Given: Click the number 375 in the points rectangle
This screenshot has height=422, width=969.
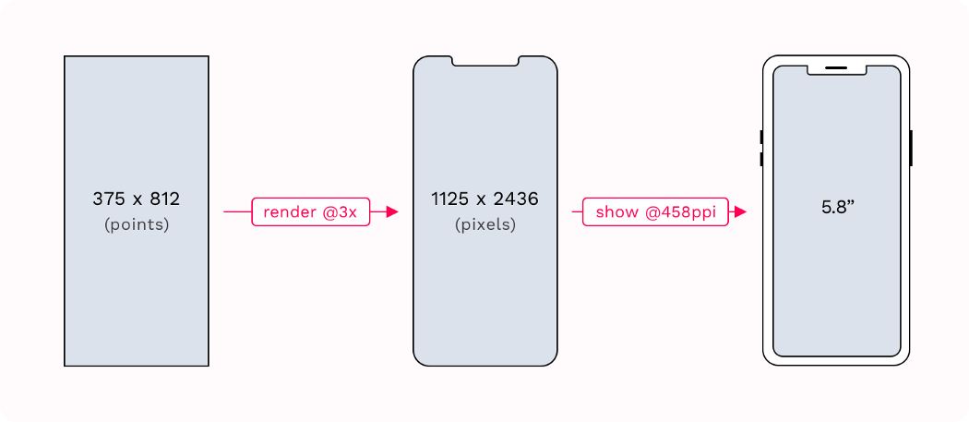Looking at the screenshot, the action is point(108,199).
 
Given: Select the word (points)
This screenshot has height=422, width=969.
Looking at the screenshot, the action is point(137,224).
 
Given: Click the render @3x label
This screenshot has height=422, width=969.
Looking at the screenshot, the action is point(310,212).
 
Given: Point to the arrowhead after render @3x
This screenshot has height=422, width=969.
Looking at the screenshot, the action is point(392,212).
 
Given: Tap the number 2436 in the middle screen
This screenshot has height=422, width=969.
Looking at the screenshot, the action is point(515,199).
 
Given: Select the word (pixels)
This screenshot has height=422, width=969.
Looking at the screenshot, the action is point(485,224).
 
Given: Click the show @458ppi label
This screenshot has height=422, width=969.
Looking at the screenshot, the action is point(655,212).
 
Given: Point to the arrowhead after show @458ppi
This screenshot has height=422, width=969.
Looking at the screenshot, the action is point(739,212).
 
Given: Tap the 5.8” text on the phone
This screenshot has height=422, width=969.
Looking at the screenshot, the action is point(838,207).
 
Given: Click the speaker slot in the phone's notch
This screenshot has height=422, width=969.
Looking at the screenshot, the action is point(836,67).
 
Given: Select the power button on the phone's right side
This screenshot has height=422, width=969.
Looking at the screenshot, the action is point(911,149).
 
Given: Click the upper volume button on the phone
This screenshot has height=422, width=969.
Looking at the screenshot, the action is point(761,138).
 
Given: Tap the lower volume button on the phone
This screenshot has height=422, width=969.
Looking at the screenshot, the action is point(761,160).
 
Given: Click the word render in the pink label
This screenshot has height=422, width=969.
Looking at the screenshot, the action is point(287,212).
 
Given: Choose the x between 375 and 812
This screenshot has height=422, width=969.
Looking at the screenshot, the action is point(136,199).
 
